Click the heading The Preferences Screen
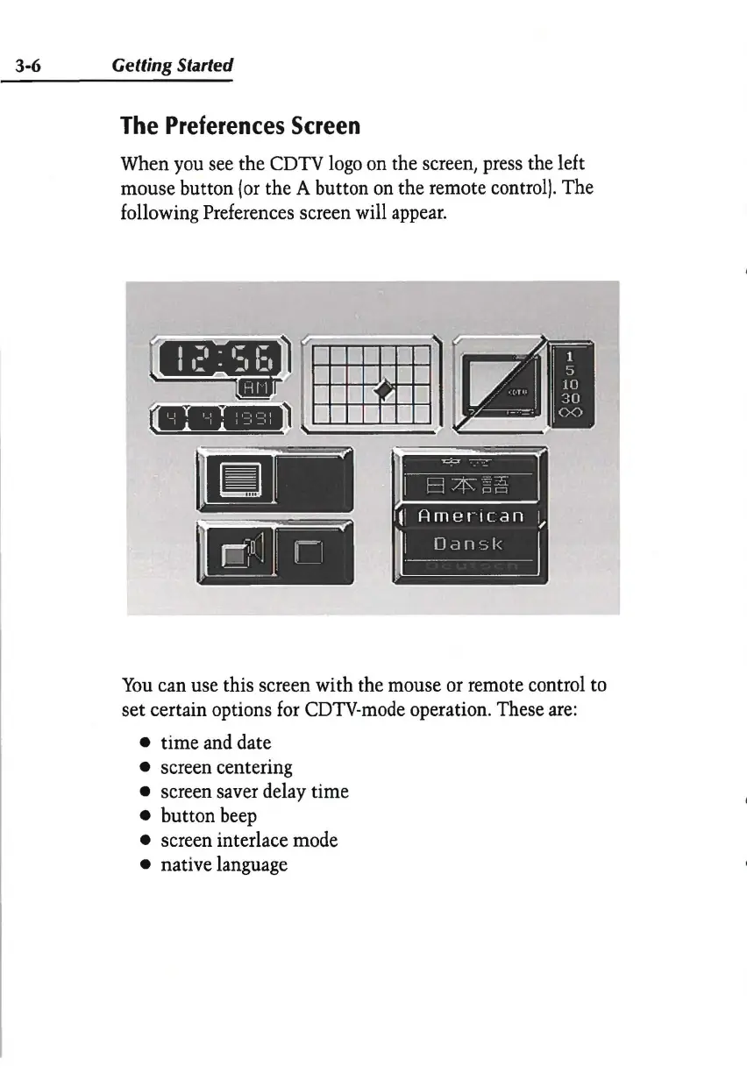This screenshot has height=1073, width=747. coord(240,126)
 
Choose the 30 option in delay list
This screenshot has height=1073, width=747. coord(571,398)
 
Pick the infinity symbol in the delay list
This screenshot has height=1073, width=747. coord(571,414)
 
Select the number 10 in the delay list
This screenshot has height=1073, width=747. coord(571,383)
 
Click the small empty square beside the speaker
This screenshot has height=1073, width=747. coord(309,553)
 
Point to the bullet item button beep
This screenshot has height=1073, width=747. coord(209,816)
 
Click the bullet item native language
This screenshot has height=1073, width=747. coord(224,865)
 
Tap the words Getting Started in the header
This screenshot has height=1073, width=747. coord(171,66)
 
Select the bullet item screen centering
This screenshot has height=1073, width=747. coord(226,767)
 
